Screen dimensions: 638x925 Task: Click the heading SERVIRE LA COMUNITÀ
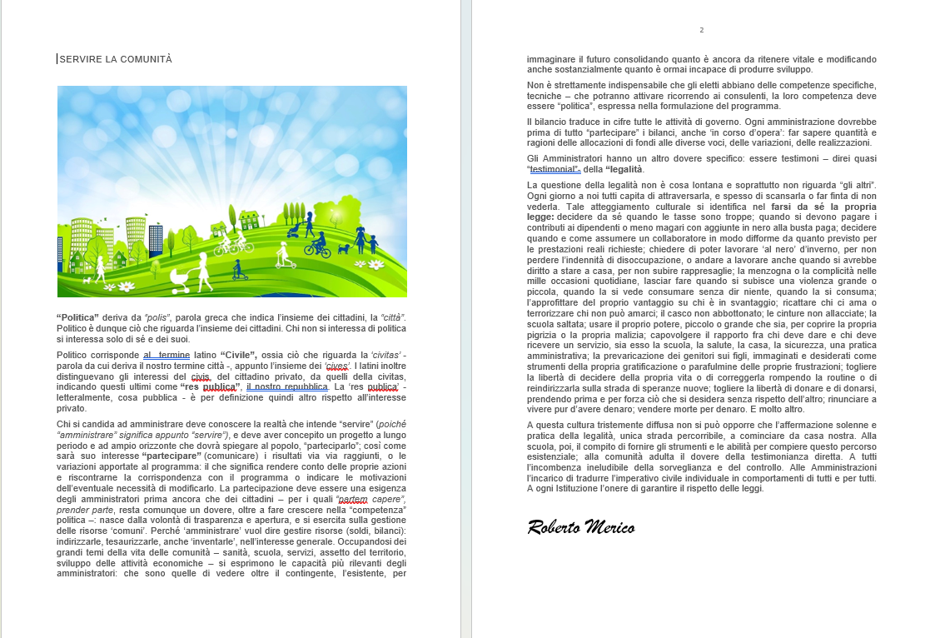click(x=116, y=59)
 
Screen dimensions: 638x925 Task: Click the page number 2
click(x=701, y=30)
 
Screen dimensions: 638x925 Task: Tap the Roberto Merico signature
click(x=580, y=527)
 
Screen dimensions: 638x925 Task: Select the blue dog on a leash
click(x=343, y=248)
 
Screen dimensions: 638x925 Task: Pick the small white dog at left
click(x=87, y=281)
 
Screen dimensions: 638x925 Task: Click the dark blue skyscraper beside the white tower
click(x=156, y=239)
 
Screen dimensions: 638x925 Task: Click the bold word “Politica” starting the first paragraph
click(x=78, y=318)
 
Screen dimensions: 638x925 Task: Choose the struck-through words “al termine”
click(x=167, y=355)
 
